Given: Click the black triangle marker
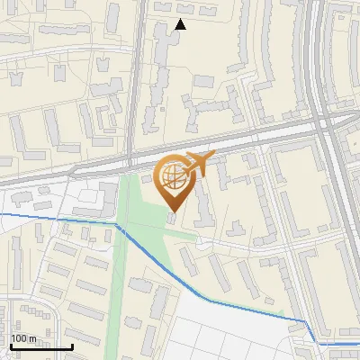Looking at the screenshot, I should point(180,24).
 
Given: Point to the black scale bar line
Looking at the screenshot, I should point(40,346).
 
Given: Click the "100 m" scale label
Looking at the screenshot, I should point(23,338).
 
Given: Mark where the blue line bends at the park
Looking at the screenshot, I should point(118,225).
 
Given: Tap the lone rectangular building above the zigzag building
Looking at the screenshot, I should point(206,81).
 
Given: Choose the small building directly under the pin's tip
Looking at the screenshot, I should point(172,219).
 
